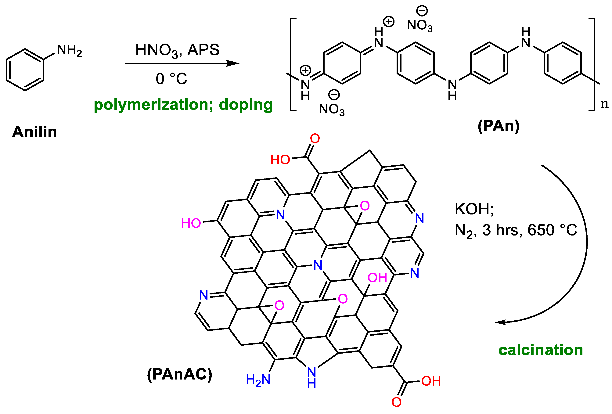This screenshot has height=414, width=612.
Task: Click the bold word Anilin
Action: tap(34, 132)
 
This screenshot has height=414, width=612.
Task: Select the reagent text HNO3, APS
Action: tap(177, 50)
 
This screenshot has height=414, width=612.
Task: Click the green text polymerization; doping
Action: tap(183, 105)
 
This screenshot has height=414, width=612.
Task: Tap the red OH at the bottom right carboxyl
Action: tap(431, 381)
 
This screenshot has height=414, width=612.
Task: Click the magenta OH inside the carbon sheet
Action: tap(377, 278)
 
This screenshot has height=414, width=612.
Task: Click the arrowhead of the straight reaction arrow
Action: tap(234, 63)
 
